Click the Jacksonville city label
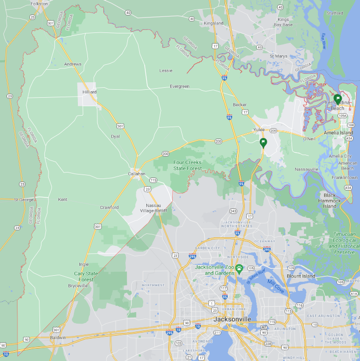coord(232,319)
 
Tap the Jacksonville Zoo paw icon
coord(239,268)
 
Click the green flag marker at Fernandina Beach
coord(338,99)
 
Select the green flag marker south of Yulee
coord(263,143)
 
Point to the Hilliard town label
coord(89,92)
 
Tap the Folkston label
coord(39,3)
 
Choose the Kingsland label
coord(214,23)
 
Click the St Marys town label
coord(278,56)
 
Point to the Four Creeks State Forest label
coord(188,166)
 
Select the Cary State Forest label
coord(86,277)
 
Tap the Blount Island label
coord(301,276)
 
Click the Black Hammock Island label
coord(330,200)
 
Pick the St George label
coord(23,199)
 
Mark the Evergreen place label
coord(180,86)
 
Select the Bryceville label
coord(78,286)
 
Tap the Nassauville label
coord(307,170)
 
